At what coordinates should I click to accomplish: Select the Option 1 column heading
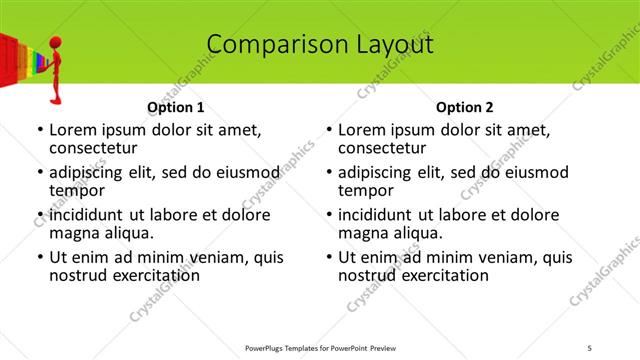(175, 107)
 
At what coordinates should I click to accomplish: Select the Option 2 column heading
(464, 107)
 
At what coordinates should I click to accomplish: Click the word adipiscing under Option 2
(378, 172)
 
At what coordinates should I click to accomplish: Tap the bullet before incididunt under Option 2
(327, 215)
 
